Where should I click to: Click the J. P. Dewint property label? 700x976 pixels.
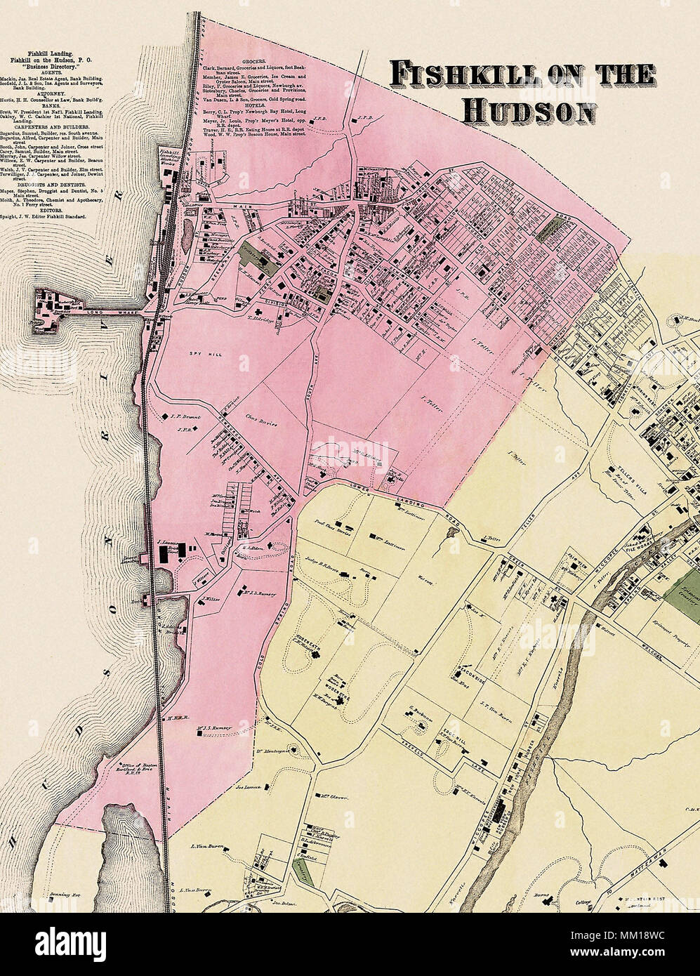185,417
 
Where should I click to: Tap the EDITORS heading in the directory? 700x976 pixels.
48,211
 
